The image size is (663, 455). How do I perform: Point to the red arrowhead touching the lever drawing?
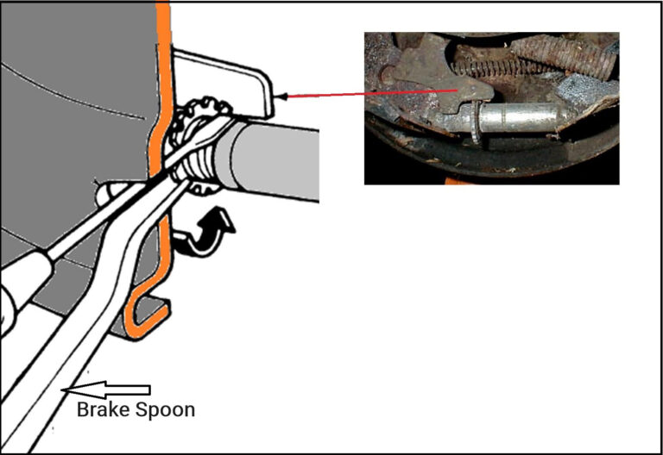click(278, 96)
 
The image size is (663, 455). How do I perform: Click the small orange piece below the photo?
click(451, 182)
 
